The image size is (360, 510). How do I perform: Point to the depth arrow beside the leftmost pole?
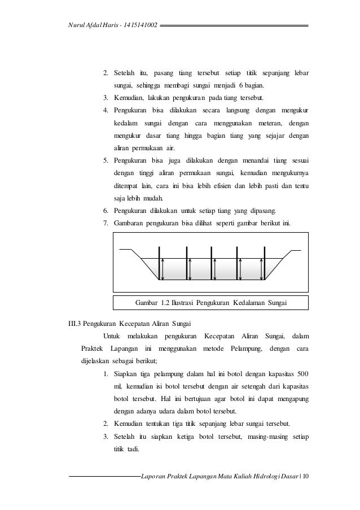tap(163, 269)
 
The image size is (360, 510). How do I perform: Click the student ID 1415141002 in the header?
tap(135, 25)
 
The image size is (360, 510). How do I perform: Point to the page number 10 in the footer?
tap(305, 480)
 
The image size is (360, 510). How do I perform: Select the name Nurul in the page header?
tap(76, 25)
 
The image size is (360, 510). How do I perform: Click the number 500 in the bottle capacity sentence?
tap(302, 374)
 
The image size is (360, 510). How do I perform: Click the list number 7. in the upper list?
tap(106, 223)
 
